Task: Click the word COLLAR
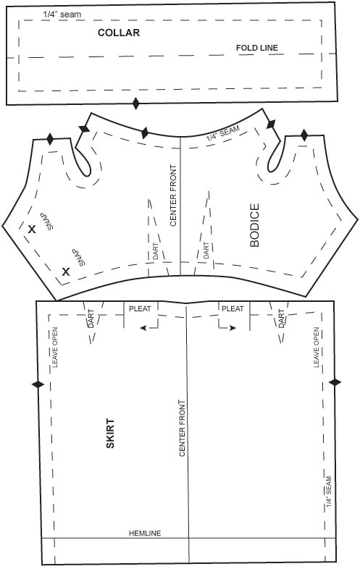(x=119, y=33)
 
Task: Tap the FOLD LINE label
(x=257, y=48)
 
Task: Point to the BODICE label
(x=255, y=225)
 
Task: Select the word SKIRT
(x=110, y=434)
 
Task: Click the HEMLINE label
(x=145, y=533)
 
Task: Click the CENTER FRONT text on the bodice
(x=173, y=195)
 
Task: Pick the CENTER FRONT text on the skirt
(x=182, y=429)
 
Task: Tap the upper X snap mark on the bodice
(x=32, y=229)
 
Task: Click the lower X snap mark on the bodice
(x=65, y=271)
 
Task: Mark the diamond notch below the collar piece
(x=136, y=104)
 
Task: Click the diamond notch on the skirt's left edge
(x=38, y=384)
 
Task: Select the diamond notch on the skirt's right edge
(x=335, y=382)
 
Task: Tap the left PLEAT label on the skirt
(x=140, y=309)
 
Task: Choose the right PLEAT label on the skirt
(x=233, y=309)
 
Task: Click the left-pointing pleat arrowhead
(x=143, y=328)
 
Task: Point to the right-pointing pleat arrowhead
(x=233, y=328)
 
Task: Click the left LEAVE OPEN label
(x=55, y=347)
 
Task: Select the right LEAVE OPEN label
(x=316, y=347)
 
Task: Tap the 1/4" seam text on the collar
(x=62, y=15)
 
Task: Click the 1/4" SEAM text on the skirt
(x=328, y=492)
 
